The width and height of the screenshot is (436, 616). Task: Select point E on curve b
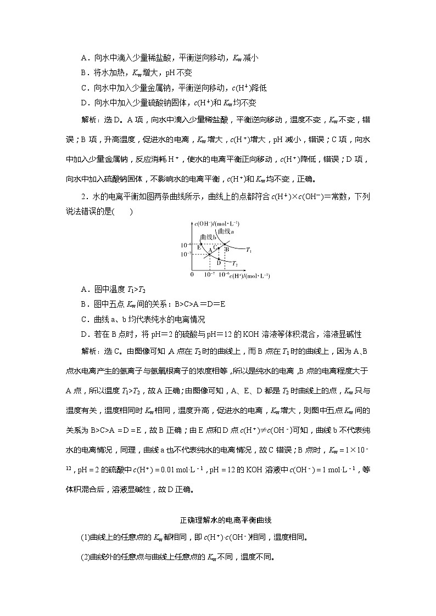(x=202, y=245)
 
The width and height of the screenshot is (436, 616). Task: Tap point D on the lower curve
(x=219, y=259)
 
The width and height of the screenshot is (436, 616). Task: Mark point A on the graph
(x=210, y=254)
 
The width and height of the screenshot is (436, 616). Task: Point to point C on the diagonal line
(x=218, y=248)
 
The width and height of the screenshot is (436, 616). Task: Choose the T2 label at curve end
(x=235, y=264)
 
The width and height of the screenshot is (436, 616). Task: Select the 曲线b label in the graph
(x=207, y=236)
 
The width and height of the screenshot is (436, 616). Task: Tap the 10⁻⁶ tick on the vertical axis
(x=186, y=245)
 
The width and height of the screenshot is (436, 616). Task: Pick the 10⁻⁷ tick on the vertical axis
(x=186, y=255)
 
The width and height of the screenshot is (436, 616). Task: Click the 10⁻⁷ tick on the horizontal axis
(x=209, y=274)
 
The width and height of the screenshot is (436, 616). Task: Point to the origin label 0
(x=192, y=273)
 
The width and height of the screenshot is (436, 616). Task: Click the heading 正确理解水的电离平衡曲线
(x=217, y=520)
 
